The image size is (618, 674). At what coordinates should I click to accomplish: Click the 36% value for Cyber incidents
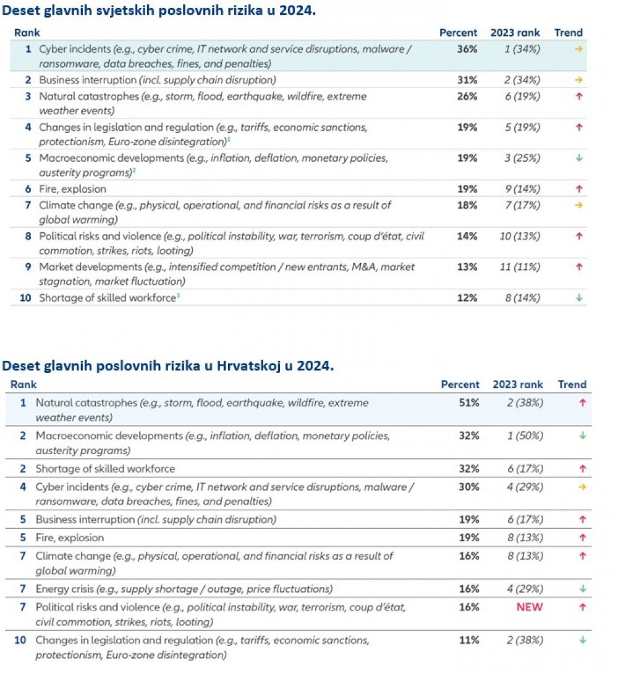[x=467, y=49]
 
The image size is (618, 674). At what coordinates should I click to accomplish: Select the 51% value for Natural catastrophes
[x=469, y=403]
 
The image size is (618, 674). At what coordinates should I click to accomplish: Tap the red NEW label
[x=530, y=607]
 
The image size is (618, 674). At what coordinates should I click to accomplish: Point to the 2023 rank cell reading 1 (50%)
[x=525, y=436]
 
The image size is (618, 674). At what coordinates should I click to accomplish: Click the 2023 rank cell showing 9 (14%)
[x=523, y=189]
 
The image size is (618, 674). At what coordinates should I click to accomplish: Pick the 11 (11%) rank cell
[x=520, y=267]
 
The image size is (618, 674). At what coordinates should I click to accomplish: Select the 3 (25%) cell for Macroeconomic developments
[x=523, y=158]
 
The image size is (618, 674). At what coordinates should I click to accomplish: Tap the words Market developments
[x=90, y=267]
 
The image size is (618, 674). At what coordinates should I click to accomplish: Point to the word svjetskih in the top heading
[x=124, y=11]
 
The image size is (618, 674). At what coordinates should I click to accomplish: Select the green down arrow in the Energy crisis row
[x=583, y=589]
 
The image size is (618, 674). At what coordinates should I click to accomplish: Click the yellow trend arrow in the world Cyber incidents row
[x=579, y=49]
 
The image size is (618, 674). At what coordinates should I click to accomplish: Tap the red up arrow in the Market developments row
[x=579, y=267]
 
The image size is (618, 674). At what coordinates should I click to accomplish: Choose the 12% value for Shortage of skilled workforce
[x=467, y=298]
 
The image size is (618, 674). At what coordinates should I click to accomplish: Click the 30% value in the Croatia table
[x=469, y=487]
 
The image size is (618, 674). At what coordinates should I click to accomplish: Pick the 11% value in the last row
[x=469, y=640]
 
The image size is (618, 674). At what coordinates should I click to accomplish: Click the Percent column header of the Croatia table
[x=460, y=384]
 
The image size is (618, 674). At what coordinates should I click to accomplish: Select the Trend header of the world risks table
[x=569, y=33]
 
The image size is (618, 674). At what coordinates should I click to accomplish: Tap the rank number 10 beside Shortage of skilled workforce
[x=25, y=298]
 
